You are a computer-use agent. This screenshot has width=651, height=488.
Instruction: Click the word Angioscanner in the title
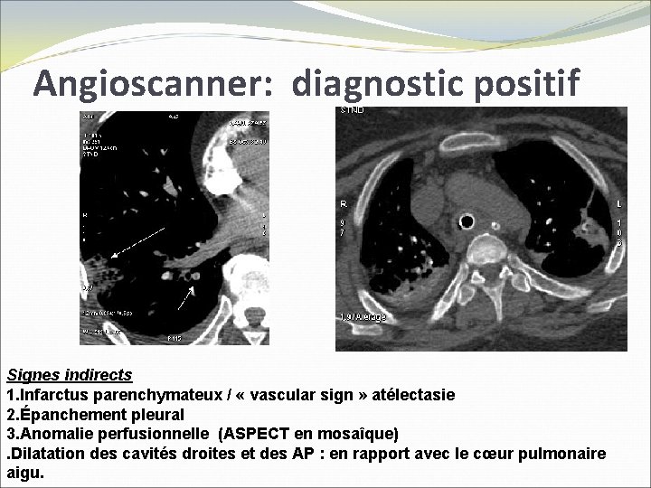click(154, 83)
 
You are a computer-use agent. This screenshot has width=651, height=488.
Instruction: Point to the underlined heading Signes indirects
click(70, 374)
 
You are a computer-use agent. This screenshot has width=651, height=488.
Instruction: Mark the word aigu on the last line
click(23, 473)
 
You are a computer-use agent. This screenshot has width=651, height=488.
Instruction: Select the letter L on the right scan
click(618, 203)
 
